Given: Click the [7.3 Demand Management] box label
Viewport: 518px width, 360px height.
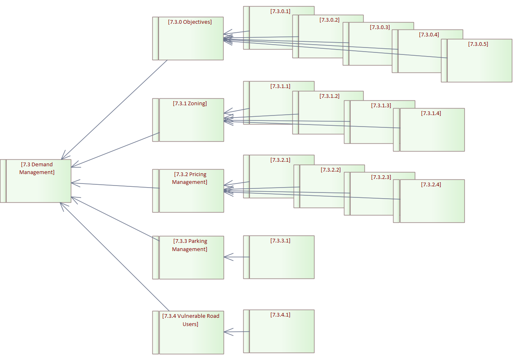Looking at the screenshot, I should click(37, 168).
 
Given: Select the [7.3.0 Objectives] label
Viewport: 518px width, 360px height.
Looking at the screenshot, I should click(190, 22).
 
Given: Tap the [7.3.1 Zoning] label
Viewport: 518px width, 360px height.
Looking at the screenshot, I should click(190, 104).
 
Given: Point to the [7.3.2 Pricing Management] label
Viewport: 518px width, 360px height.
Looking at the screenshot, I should click(190, 178).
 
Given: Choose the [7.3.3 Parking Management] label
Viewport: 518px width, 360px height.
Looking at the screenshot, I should click(190, 245).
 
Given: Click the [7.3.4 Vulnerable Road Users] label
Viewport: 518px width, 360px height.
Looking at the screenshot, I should click(190, 320).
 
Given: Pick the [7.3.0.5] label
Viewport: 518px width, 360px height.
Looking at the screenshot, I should click(478, 44).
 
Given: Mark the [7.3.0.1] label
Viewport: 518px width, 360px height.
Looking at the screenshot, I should click(280, 11).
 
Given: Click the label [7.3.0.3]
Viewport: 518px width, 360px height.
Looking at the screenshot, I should click(380, 27).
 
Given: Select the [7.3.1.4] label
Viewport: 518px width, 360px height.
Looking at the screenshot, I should click(431, 113).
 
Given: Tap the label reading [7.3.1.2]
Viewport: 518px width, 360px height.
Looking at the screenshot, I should click(330, 96).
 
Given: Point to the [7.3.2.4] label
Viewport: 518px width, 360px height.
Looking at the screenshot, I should click(431, 184).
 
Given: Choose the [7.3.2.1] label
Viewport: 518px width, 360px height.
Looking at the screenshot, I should click(280, 160).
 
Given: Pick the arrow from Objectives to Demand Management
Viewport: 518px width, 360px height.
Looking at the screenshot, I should click(115, 109).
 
